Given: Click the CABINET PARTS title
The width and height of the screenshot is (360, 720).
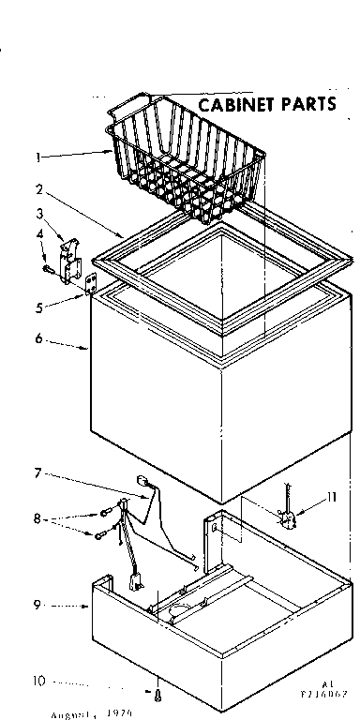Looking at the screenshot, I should (266, 103).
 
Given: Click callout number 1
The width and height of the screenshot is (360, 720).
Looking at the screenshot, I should (37, 157).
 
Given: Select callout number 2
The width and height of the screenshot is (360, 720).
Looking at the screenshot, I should (37, 187).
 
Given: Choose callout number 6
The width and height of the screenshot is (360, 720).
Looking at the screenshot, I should (38, 339).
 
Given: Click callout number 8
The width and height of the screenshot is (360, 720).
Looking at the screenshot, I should (38, 517).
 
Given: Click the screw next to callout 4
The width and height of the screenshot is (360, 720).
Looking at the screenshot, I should (49, 245).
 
